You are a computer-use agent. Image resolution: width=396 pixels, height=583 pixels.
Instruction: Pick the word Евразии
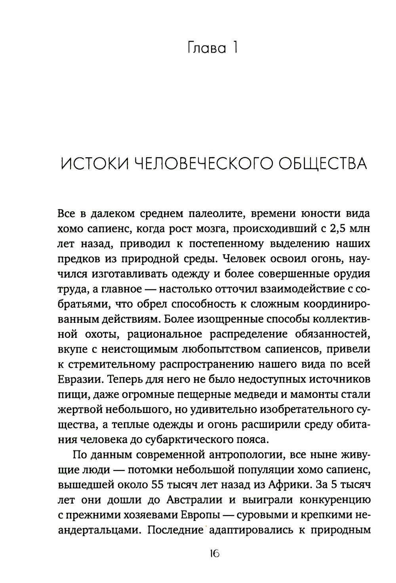coord(80,379)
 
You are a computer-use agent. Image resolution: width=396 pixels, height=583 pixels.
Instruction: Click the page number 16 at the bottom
coord(215,554)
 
